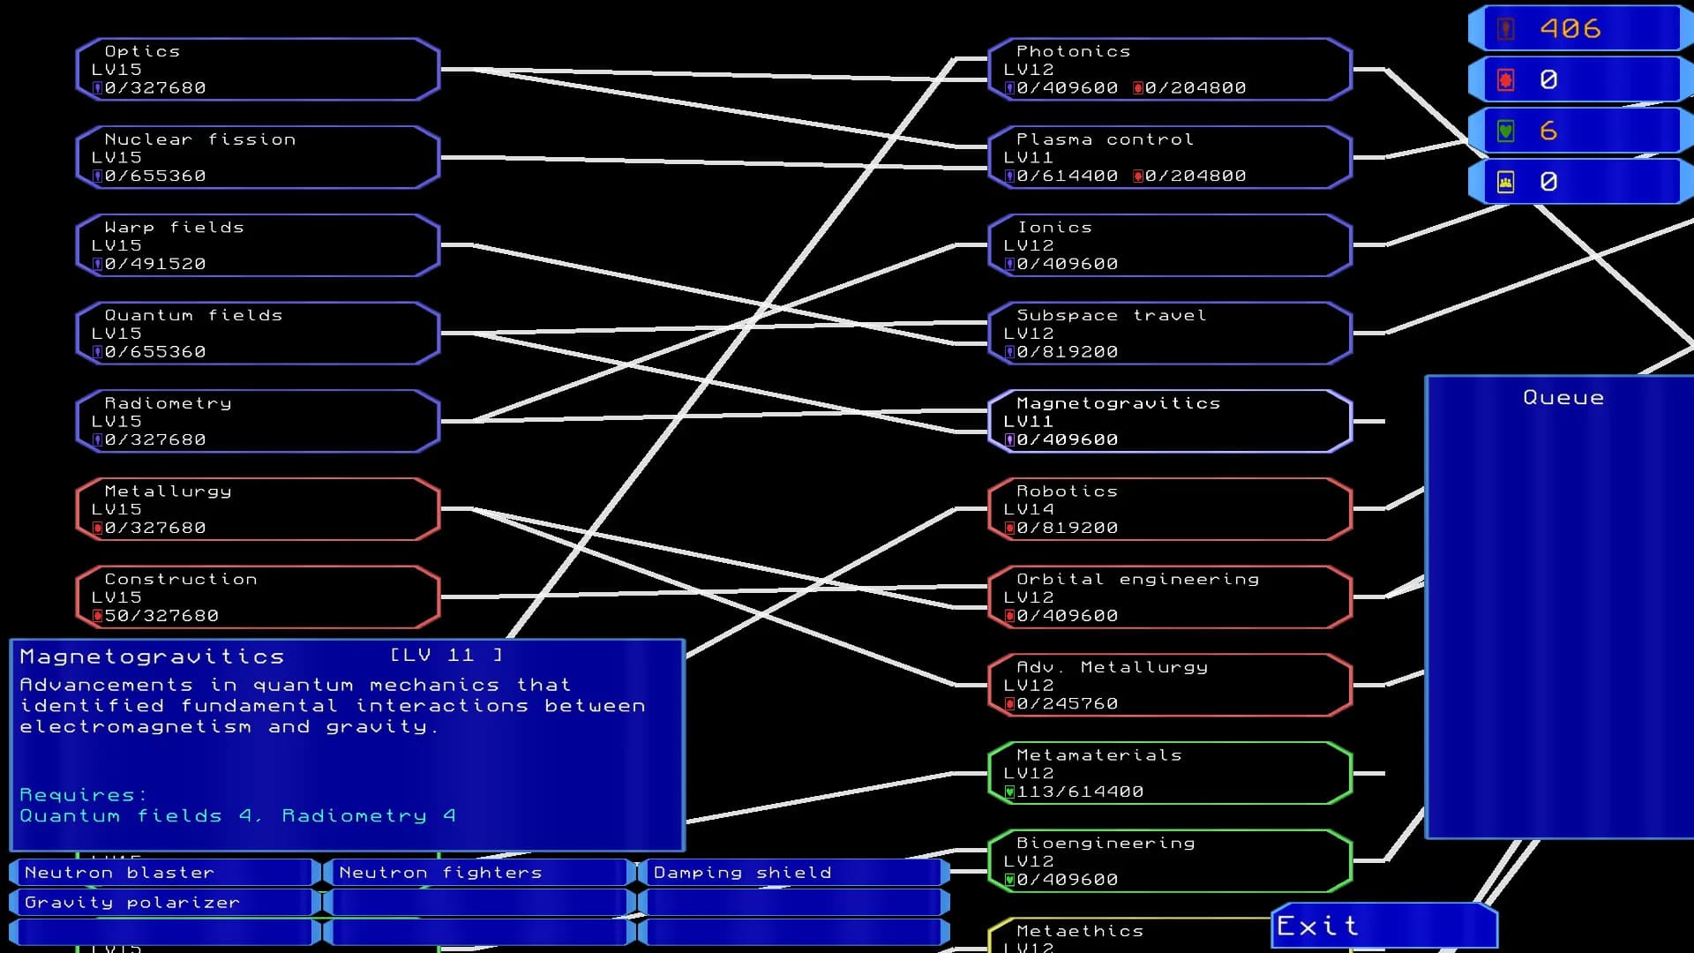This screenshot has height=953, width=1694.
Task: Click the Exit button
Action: (x=1383, y=926)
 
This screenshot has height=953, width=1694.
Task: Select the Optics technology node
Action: (x=258, y=69)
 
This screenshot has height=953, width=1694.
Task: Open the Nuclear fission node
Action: (x=258, y=157)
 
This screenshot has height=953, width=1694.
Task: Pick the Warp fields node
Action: (x=258, y=245)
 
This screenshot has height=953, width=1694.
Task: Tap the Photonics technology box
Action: (x=1170, y=69)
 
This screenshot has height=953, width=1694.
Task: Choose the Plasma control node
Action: (x=1170, y=157)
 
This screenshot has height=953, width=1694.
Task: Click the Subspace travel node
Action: (x=1170, y=334)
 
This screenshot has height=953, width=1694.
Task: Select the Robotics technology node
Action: (x=1170, y=509)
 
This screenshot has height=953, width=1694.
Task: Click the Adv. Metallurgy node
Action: (x=1170, y=685)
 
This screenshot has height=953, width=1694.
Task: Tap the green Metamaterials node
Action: (x=1170, y=773)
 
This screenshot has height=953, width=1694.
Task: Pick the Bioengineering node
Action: (x=1170, y=861)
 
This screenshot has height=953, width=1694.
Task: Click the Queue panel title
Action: (x=1563, y=398)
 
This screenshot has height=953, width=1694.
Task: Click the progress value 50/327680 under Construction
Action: (x=161, y=616)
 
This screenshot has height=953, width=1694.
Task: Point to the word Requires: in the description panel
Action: (x=83, y=795)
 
